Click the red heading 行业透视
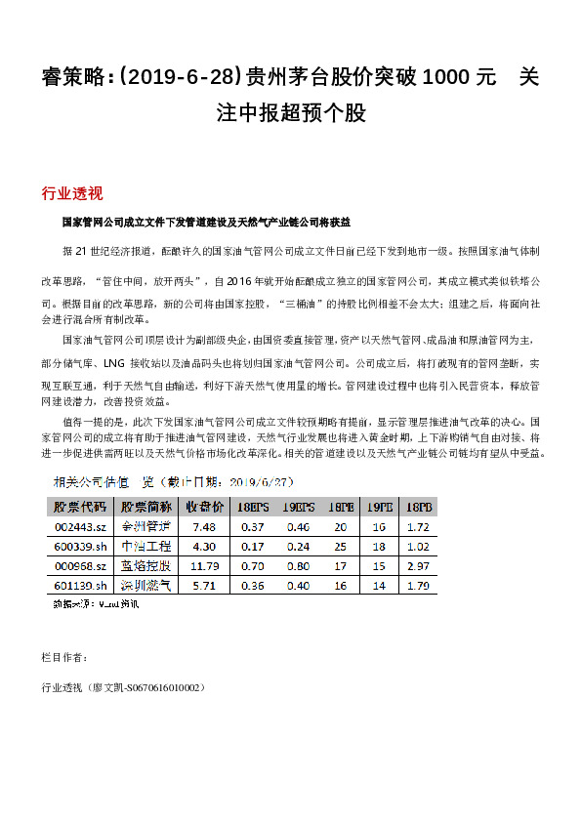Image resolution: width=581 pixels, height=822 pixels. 72,191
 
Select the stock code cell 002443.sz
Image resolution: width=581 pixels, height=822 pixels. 79,527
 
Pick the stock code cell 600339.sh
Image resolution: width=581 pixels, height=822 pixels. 79,547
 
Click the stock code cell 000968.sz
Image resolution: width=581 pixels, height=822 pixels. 79,565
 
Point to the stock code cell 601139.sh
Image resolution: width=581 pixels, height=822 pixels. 79,585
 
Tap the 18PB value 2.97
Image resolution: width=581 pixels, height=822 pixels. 418,565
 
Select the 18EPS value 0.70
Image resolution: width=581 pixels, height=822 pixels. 252,565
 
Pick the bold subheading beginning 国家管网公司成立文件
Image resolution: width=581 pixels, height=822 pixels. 205,223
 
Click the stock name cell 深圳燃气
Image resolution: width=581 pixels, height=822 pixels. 145,585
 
